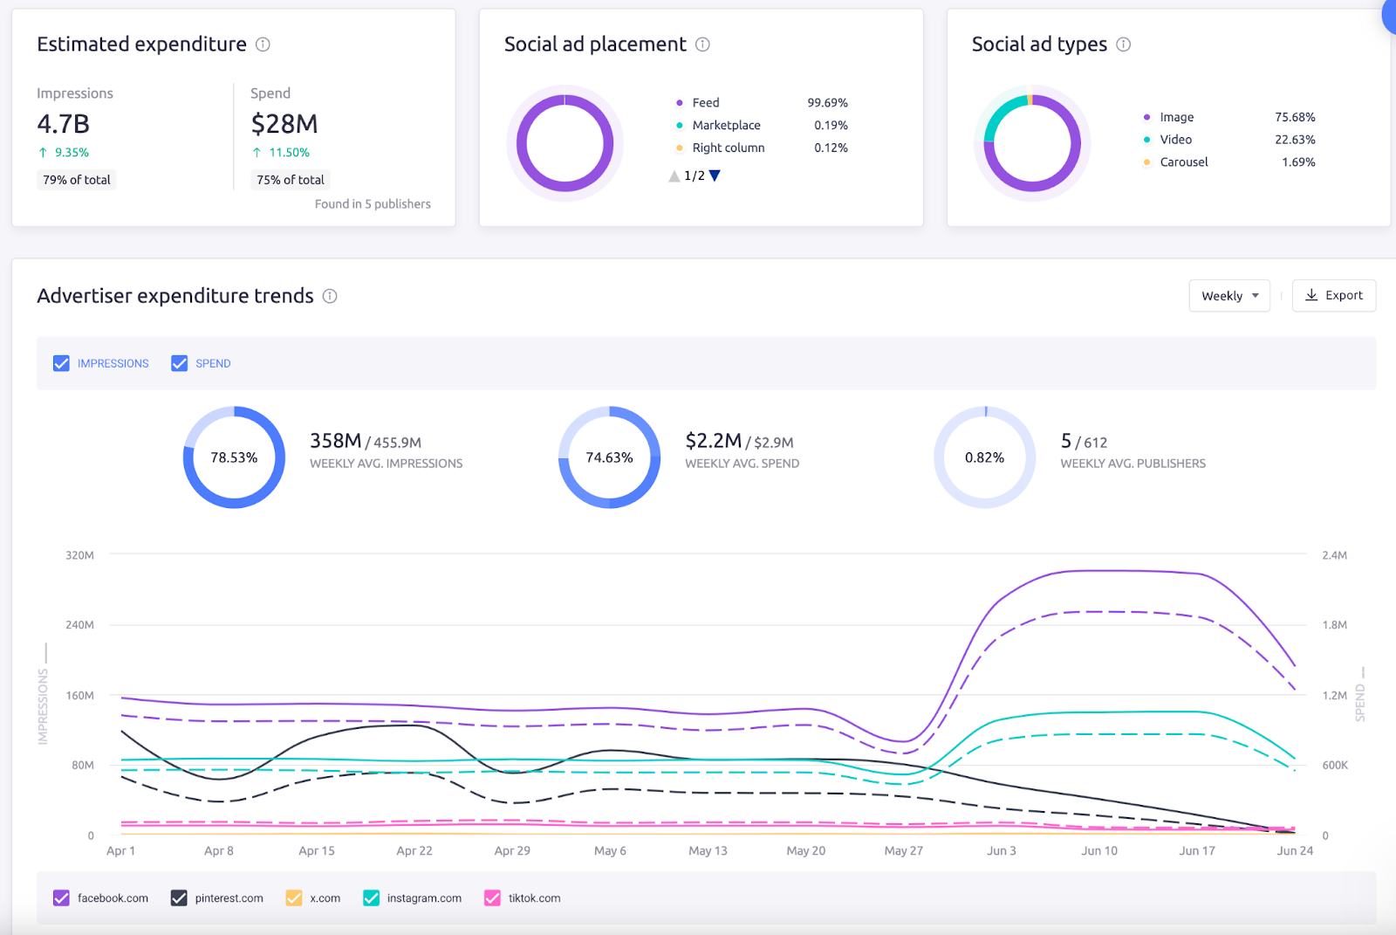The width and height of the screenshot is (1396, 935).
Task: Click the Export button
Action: coord(1333,296)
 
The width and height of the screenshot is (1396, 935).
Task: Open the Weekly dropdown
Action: coord(1229,296)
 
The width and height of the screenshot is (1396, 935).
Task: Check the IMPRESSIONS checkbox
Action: coord(61,363)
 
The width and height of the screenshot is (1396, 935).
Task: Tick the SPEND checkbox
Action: coord(180,363)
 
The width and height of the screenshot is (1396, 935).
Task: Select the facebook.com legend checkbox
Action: coord(61,897)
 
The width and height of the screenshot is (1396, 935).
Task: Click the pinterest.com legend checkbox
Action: coord(179,897)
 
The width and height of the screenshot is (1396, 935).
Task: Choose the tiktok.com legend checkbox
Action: coord(492,897)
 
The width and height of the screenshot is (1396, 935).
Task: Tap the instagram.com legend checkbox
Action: coord(371,897)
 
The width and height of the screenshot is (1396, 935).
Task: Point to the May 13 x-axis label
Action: coord(708,850)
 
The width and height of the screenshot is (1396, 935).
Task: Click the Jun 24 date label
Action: coord(1294,850)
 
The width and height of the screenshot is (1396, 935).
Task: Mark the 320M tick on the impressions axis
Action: coord(79,555)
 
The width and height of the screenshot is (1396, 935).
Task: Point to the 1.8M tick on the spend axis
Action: coord(1334,625)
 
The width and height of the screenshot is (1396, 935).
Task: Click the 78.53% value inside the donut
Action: coord(234,457)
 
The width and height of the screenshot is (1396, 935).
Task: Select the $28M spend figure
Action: coord(284,124)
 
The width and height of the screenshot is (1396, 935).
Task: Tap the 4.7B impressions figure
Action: coord(63,124)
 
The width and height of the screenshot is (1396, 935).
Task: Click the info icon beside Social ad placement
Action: coord(702,45)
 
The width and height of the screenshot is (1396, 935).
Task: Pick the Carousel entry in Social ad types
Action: coord(1183,162)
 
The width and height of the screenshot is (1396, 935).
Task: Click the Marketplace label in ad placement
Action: coord(726,126)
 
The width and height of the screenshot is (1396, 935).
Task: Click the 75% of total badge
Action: coord(290,180)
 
